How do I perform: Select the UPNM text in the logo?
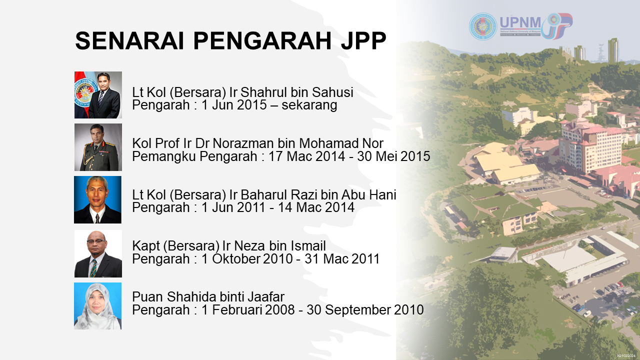tap(520, 22)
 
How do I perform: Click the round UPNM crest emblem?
tap(483, 26)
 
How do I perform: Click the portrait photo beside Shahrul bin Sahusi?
tap(98, 95)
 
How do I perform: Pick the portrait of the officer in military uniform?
tap(98, 147)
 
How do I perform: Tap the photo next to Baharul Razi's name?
tap(97, 199)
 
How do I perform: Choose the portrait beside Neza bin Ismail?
tap(98, 253)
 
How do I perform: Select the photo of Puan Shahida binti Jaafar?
tap(97, 306)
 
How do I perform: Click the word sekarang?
tap(309, 105)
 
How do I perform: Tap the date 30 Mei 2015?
tap(393, 156)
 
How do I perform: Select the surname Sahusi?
tap(332, 92)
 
